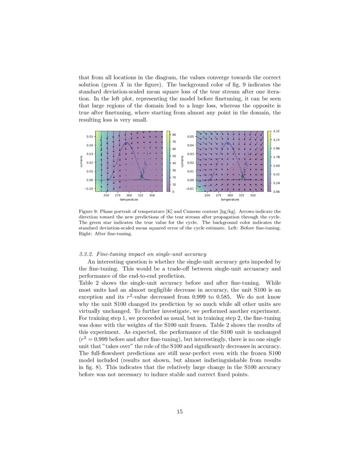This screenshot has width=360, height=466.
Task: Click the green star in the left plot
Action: pyautogui.click(x=141, y=176)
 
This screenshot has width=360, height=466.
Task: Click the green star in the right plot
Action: pyautogui.click(x=243, y=176)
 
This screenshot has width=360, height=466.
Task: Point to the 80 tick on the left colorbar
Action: pyautogui.click(x=174, y=135)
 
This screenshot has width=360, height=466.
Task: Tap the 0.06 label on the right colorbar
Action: pyautogui.click(x=276, y=192)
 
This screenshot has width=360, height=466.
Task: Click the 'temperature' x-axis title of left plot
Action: pyautogui.click(x=129, y=199)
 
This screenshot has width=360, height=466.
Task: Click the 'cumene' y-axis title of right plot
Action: pyautogui.click(x=182, y=161)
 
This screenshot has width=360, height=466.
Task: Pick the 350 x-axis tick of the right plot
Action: pyautogui.click(x=253, y=195)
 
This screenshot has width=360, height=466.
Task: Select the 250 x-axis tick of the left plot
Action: pyautogui.click(x=106, y=195)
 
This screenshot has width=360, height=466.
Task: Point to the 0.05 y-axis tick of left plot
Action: pyautogui.click(x=89, y=137)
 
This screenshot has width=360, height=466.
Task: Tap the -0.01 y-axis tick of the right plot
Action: pyautogui.click(x=190, y=189)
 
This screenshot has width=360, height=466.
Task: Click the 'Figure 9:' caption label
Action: pyautogui.click(x=88, y=211)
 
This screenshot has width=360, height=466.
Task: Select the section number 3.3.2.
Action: pyautogui.click(x=87, y=254)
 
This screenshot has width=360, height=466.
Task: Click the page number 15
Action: pyautogui.click(x=180, y=411)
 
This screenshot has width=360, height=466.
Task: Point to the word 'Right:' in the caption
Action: pyautogui.click(x=86, y=233)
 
